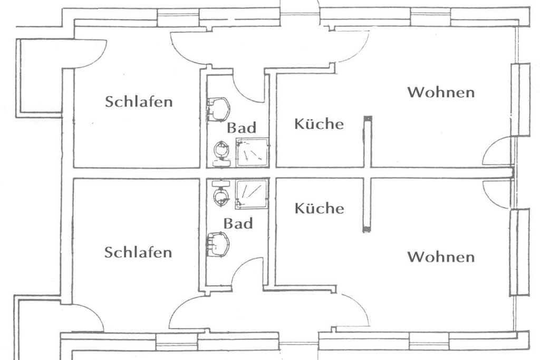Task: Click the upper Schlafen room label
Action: pos(139,102)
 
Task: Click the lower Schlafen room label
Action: pos(138,252)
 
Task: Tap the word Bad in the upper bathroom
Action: pos(242,128)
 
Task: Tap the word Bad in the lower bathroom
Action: pos(238,223)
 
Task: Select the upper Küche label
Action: pos(319,123)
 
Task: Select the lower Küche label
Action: pos(319,208)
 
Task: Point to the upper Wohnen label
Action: pos(441,92)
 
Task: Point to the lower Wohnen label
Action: pos(441,257)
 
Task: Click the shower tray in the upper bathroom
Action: pos(252,152)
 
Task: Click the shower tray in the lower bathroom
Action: pos(252,194)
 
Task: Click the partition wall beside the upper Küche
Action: pos(368,142)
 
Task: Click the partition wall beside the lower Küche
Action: pos(367,205)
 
